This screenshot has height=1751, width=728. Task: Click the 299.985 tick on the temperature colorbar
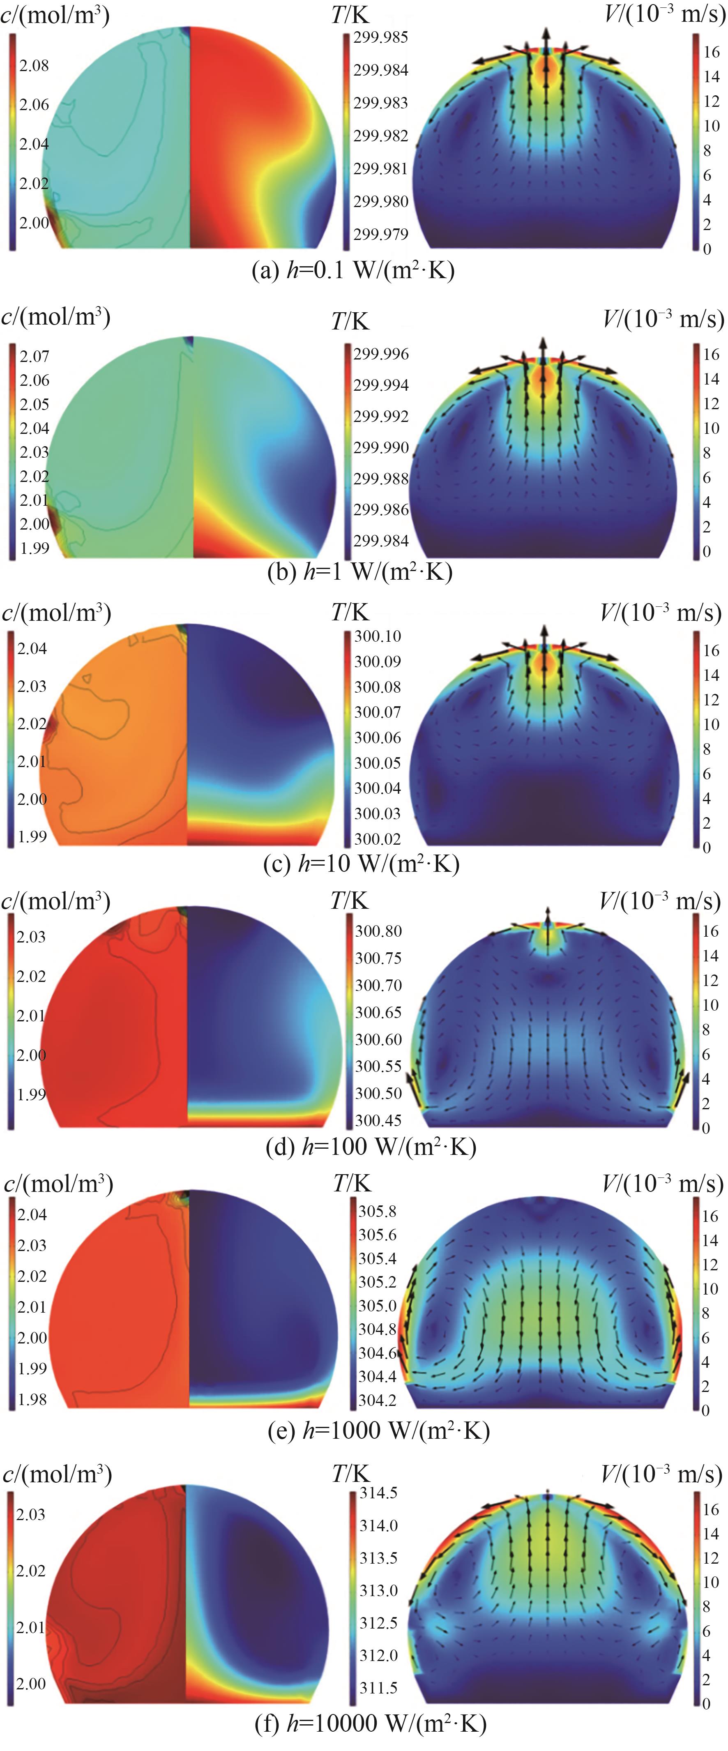point(381,37)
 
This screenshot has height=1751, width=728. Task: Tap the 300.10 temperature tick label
point(378,636)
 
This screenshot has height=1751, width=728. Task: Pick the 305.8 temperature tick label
point(377,1211)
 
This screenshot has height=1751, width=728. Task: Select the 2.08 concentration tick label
point(34,65)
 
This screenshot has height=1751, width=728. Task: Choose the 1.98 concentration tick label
point(32,1399)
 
